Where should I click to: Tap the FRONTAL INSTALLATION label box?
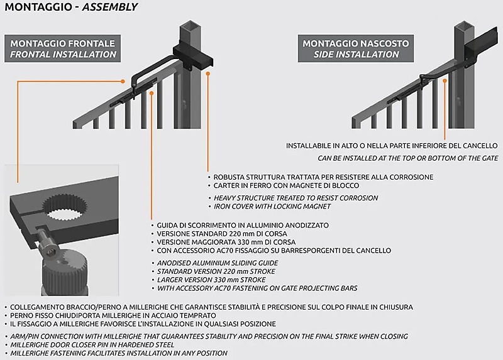click(62, 49)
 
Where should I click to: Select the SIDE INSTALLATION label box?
click(356, 49)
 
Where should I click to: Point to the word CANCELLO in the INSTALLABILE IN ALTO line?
click(477, 146)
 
